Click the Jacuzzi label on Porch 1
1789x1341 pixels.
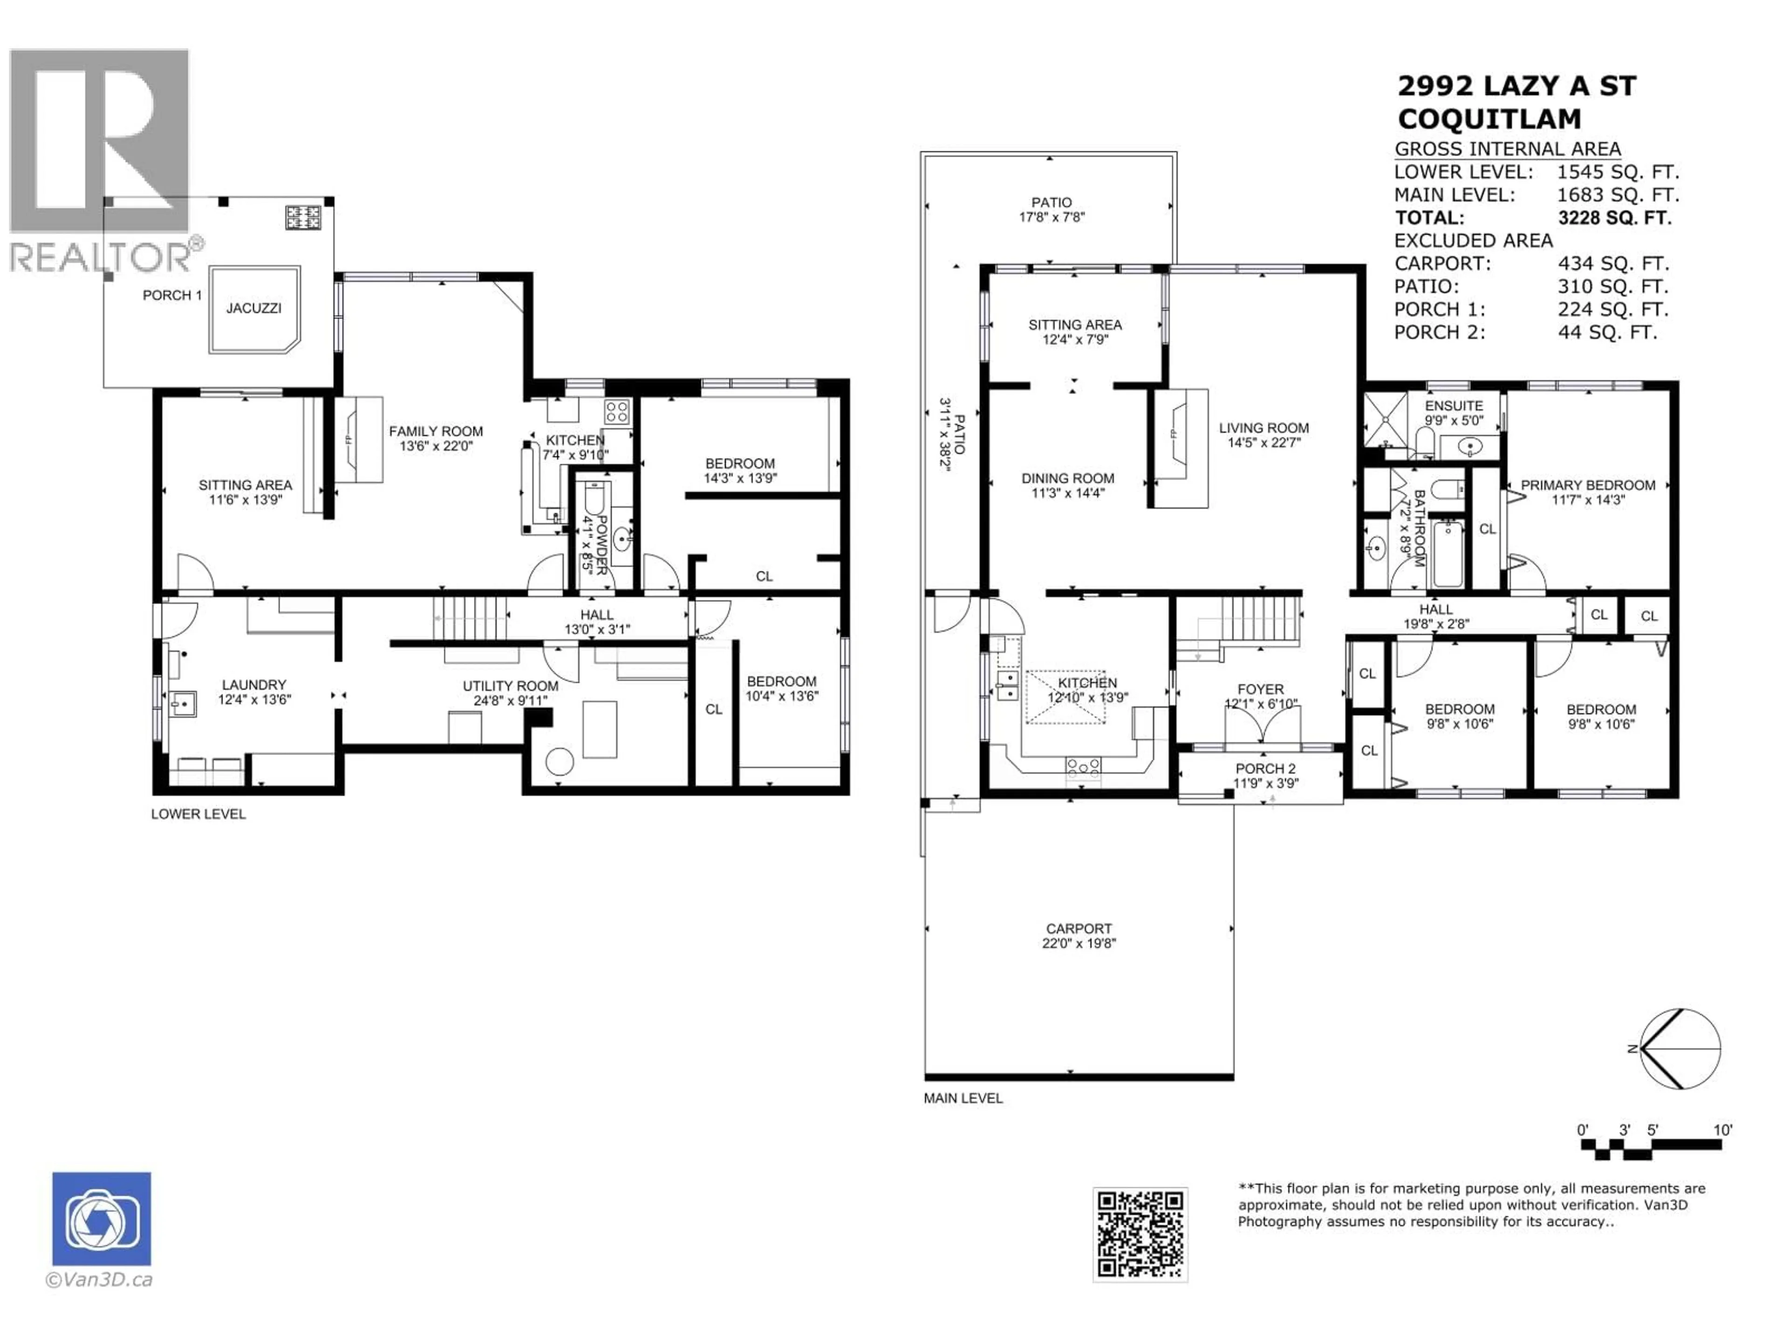pyautogui.click(x=254, y=308)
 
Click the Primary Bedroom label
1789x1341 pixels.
pyautogui.click(x=1588, y=485)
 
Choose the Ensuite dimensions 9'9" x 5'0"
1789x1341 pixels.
pyautogui.click(x=1454, y=420)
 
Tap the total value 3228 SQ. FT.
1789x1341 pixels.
pyautogui.click(x=1614, y=217)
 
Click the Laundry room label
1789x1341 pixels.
pyautogui.click(x=254, y=684)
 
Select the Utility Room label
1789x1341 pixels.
pyautogui.click(x=510, y=685)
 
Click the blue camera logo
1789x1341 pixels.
pyautogui.click(x=102, y=1219)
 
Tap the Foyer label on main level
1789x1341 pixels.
pyautogui.click(x=1260, y=690)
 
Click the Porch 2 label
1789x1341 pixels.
pyautogui.click(x=1265, y=769)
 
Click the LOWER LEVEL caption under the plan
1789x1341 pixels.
pyautogui.click(x=198, y=814)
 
